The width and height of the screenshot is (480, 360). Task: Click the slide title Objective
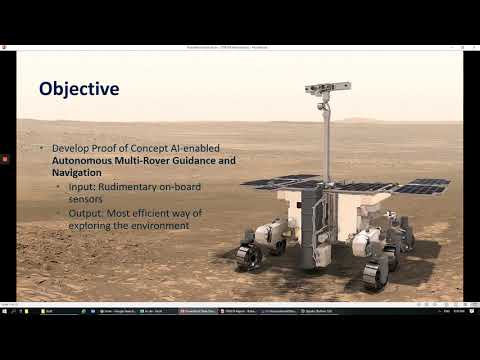click(79, 89)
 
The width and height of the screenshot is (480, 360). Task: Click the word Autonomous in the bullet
click(86, 161)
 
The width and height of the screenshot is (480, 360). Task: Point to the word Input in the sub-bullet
click(80, 186)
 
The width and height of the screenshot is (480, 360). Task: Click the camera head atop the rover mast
click(321, 91)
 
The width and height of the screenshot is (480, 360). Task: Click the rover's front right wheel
click(375, 273)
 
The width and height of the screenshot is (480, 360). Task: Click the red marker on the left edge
click(5, 155)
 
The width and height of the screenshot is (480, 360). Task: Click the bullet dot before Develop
click(43, 149)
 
